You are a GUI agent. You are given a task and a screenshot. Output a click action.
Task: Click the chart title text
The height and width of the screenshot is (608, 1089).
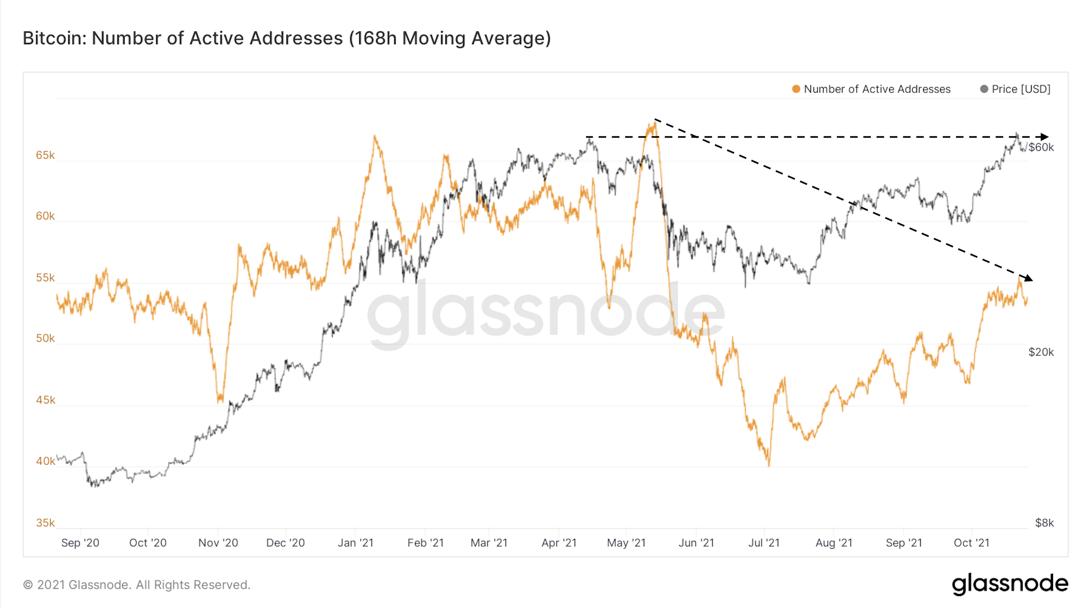tap(286, 38)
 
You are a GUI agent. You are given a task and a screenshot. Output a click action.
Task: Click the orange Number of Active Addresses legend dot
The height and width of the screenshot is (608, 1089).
tap(796, 89)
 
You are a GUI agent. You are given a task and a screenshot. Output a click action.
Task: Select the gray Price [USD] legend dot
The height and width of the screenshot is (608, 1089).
tap(984, 89)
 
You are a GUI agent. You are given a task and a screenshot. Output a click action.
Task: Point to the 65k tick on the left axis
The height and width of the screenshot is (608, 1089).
tap(45, 155)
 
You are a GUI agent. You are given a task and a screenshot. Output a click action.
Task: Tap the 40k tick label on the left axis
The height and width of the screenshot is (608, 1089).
tap(45, 461)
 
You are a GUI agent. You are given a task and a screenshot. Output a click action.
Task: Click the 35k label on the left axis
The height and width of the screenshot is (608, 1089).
tap(45, 523)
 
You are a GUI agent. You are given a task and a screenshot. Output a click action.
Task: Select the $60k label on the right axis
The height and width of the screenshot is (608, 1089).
tap(1041, 147)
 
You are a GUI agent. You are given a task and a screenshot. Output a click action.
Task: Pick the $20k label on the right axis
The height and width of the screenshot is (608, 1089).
tap(1041, 352)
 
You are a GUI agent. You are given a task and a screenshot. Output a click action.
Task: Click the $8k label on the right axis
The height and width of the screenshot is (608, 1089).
tap(1044, 523)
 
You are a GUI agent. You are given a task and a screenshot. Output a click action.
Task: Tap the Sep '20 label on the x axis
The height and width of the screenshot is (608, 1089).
tap(80, 543)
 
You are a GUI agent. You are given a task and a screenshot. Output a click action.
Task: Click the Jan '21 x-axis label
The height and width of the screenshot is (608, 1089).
tap(356, 543)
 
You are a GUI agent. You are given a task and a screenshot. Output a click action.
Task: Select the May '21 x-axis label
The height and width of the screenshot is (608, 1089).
tap(626, 543)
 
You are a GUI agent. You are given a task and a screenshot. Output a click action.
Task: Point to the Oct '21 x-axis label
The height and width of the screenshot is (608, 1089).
tap(972, 543)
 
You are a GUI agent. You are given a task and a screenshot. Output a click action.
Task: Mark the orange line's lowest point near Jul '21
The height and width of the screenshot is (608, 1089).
tap(769, 465)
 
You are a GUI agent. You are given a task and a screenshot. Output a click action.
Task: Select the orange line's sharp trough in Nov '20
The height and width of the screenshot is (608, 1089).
tap(220, 401)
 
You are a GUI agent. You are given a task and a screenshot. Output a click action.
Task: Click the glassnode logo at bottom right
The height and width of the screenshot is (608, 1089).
tap(1010, 584)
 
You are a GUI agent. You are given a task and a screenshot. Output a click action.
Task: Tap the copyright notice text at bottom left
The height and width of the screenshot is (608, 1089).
tap(137, 585)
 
